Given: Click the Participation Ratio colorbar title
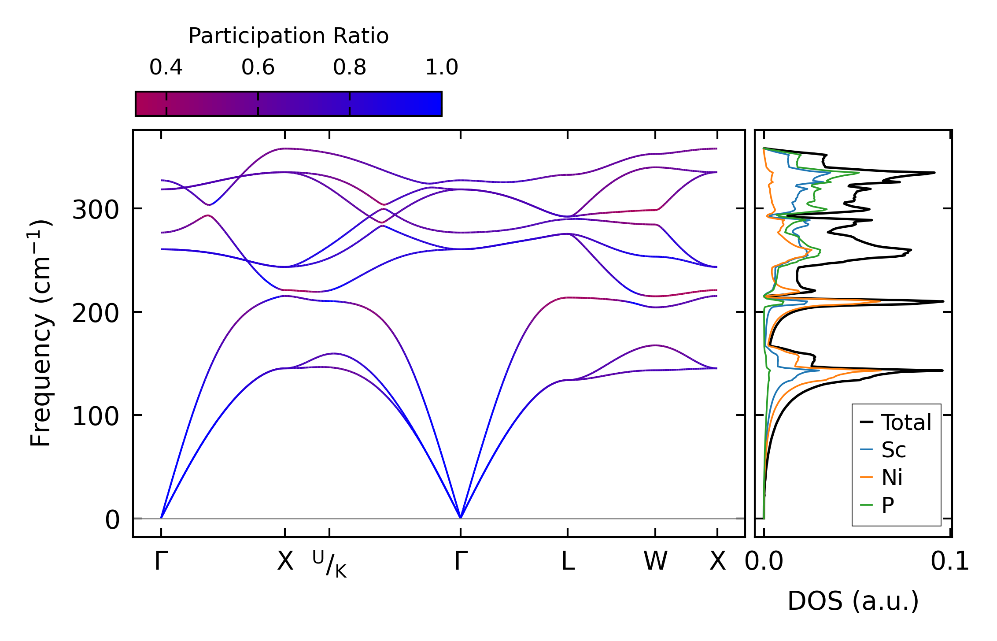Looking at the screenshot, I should (x=288, y=36).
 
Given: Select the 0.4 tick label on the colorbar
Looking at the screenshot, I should (x=166, y=67).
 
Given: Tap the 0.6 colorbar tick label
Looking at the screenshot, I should (x=258, y=67).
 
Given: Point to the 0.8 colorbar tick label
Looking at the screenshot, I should (x=350, y=67).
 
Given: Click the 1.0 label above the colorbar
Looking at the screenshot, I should (x=442, y=67).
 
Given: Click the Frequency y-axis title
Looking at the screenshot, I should (x=41, y=333).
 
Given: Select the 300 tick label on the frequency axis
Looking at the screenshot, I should (x=96, y=210).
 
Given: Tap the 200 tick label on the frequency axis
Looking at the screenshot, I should (x=96, y=314).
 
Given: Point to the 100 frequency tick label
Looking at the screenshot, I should (x=96, y=417).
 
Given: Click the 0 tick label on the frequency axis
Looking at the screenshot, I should (x=112, y=520).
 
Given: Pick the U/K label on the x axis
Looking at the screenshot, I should (x=329, y=563).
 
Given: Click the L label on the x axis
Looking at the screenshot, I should (x=568, y=561).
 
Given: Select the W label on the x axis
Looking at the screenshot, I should (x=655, y=561).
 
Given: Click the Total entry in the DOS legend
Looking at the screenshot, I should (x=906, y=422).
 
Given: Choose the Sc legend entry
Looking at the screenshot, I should (x=894, y=450).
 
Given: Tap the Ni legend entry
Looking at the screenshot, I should (x=892, y=477).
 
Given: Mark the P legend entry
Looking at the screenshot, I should (x=888, y=505).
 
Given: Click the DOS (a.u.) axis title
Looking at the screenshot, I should (x=853, y=601).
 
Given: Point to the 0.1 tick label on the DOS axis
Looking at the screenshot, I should (x=949, y=562).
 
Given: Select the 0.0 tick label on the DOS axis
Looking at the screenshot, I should (x=764, y=562).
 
